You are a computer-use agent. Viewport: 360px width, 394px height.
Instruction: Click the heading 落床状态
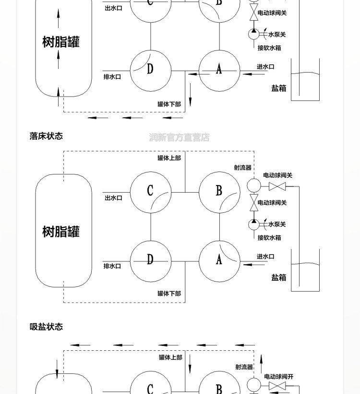[46, 136]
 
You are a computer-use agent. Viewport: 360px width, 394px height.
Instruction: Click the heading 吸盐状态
[46, 327]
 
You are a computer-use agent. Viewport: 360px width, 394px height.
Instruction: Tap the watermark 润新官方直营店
[179, 137]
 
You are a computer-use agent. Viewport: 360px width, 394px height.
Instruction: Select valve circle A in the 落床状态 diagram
[219, 261]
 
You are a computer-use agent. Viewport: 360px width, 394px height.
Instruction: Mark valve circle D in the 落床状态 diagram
[151, 261]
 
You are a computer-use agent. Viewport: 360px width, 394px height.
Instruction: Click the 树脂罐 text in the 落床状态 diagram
[61, 232]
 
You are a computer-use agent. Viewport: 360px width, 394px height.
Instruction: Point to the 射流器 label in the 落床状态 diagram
[243, 168]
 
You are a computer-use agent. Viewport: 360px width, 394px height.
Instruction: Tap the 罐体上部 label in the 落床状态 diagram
[169, 158]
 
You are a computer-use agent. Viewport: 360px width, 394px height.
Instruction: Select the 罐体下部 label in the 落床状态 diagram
[169, 294]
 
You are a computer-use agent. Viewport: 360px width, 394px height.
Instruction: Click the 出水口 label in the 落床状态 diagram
[113, 198]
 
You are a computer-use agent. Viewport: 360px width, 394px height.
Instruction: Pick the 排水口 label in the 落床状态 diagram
[112, 266]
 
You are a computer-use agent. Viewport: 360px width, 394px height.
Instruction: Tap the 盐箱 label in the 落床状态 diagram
[278, 278]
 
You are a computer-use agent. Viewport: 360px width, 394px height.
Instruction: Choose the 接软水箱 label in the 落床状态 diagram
[269, 238]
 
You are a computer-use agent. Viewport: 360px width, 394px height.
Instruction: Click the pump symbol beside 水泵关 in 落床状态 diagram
[254, 224]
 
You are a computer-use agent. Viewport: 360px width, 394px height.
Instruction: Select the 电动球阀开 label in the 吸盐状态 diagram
[278, 377]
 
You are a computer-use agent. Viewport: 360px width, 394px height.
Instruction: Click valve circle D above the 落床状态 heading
[151, 70]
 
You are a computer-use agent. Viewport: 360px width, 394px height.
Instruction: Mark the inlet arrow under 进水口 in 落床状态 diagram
[247, 264]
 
